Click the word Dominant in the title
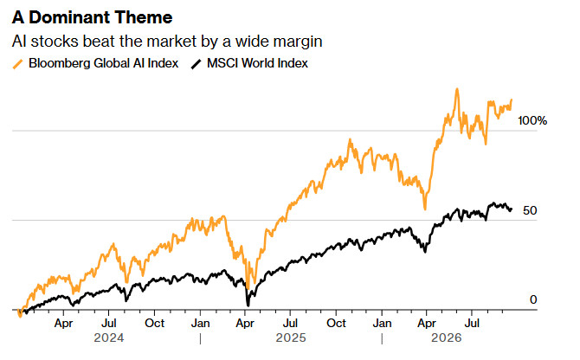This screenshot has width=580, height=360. click(68, 17)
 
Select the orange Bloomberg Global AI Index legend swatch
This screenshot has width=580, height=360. click(17, 64)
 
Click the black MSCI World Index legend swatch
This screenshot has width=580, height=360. click(196, 64)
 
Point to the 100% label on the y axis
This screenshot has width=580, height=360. click(532, 120)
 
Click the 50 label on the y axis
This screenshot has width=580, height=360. click(530, 210)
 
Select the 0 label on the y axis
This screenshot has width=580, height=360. click(533, 299)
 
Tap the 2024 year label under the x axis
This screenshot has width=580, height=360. click(109, 337)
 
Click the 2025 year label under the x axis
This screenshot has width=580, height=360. click(291, 337)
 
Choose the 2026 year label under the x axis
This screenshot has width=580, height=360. click(447, 337)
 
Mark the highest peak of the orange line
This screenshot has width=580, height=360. click(457, 89)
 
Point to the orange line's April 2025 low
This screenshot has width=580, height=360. click(248, 288)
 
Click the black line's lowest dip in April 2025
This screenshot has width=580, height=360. click(248, 305)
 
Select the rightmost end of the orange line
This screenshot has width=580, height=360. click(512, 100)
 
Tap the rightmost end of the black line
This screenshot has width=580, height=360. click(512, 209)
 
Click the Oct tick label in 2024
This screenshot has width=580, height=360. click(154, 323)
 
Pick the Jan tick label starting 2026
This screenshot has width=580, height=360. click(382, 323)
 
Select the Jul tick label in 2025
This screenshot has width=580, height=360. click(290, 323)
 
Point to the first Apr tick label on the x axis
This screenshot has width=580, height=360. click(63, 323)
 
